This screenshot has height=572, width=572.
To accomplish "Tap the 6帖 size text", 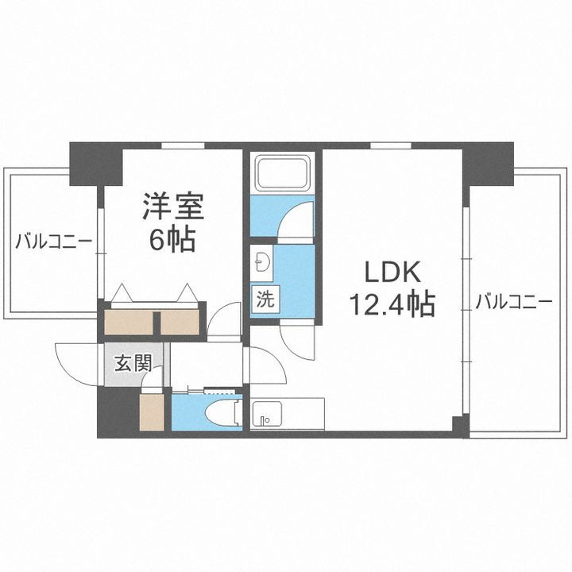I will [173, 238].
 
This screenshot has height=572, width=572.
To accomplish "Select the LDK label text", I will [390, 272].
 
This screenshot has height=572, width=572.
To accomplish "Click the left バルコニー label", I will [53, 241].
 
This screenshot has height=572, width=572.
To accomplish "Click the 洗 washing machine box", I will [263, 300].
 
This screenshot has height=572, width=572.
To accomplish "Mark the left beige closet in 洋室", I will [129, 322].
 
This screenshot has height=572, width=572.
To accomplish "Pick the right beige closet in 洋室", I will [180, 322].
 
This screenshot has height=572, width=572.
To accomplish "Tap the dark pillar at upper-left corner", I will [94, 163].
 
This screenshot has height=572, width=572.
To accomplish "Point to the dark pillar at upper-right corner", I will [488, 163].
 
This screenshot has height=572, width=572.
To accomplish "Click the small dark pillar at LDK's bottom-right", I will [460, 425].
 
